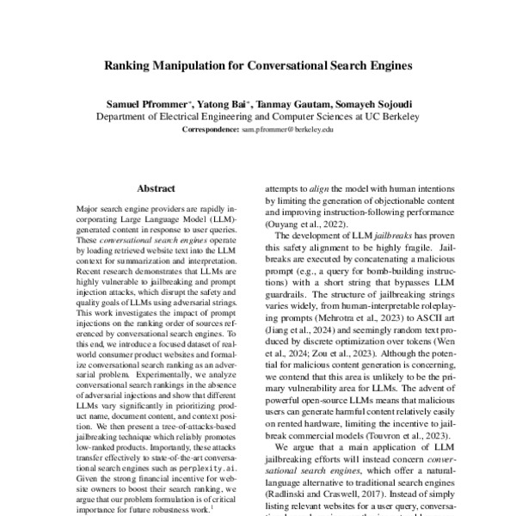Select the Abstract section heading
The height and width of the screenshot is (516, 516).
[x=156, y=187]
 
